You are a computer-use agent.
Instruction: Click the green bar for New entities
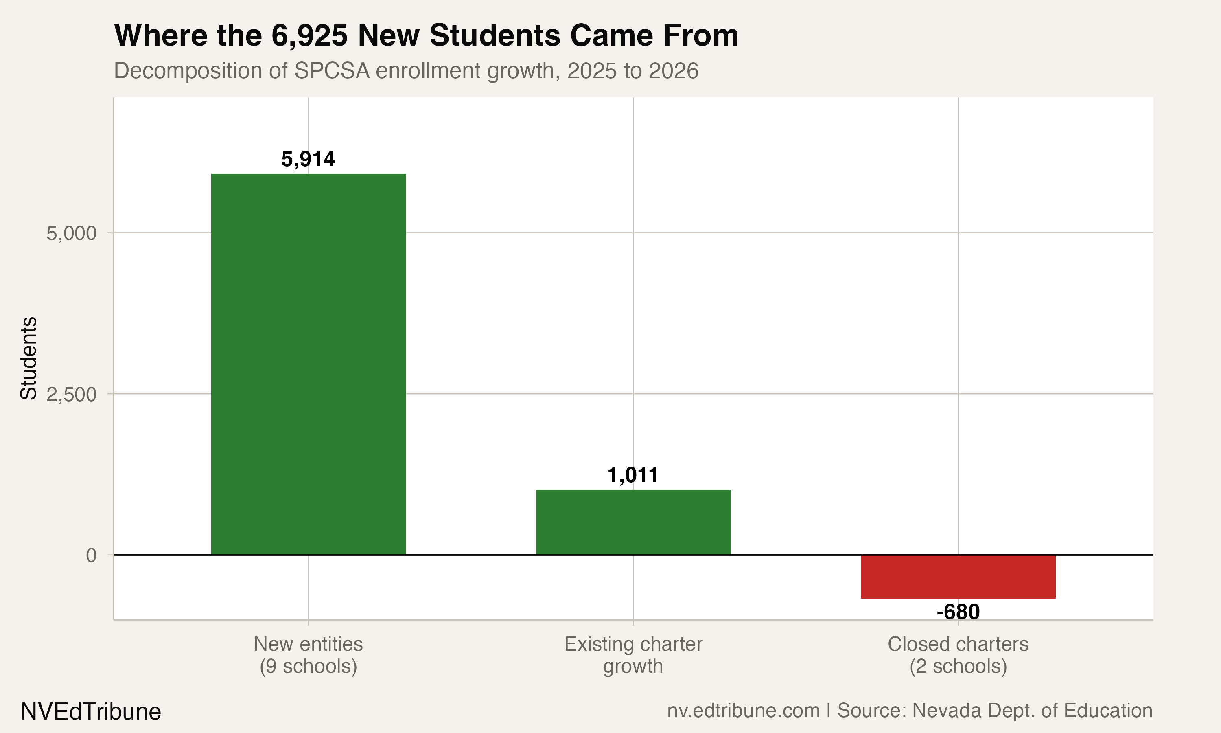[309, 364]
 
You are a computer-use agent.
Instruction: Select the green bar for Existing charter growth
[633, 522]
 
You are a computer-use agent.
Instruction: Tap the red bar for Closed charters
[958, 576]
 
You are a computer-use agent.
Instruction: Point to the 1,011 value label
[633, 475]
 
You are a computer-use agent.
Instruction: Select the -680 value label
[958, 612]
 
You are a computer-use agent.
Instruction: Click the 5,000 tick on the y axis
[72, 233]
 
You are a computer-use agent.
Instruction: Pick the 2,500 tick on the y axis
[72, 395]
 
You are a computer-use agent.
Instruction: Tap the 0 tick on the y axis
[91, 555]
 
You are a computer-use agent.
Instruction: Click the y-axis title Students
[28, 358]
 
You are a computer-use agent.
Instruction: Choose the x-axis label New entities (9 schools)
[309, 655]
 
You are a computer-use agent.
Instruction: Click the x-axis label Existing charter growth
[633, 655]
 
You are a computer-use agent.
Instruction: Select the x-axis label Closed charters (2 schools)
[958, 655]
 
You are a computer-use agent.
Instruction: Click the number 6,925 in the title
[309, 35]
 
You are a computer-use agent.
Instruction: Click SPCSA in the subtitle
[332, 70]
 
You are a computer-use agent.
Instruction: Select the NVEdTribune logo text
[91, 712]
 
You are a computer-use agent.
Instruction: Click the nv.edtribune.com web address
[743, 710]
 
